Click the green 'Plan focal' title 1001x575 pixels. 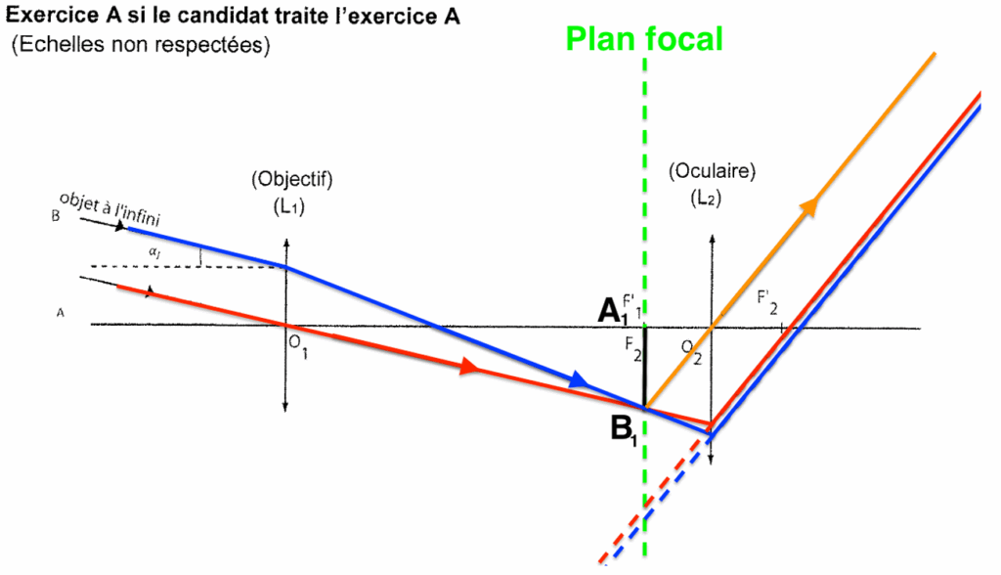[x=644, y=38]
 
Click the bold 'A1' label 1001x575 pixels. [x=613, y=311]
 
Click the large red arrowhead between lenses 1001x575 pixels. [x=468, y=367]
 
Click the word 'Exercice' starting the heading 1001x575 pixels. [x=47, y=16]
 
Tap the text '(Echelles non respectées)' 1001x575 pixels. [x=141, y=45]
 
